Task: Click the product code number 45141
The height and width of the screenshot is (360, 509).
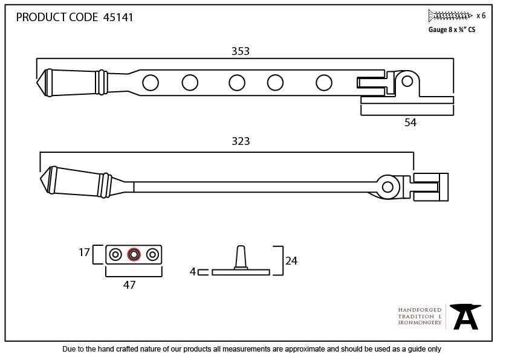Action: click(118, 17)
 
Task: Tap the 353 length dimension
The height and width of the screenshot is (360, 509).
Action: click(241, 51)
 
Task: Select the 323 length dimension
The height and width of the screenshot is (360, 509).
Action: click(241, 141)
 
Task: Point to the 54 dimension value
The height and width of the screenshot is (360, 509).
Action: click(410, 122)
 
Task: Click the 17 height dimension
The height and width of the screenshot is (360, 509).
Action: click(84, 252)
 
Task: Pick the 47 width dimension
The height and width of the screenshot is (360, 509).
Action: click(129, 284)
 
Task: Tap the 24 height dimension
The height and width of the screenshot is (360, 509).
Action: click(291, 261)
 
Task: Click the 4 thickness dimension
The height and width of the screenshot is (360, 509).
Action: click(193, 271)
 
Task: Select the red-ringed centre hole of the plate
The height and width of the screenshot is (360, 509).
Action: click(134, 254)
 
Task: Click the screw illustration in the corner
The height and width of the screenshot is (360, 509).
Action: click(450, 15)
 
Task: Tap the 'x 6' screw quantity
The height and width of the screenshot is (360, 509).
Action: click(481, 16)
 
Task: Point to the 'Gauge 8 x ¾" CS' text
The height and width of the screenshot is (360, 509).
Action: click(452, 30)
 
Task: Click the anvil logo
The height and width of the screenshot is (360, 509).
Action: click(465, 317)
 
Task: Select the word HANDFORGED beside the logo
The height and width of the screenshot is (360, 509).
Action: click(420, 310)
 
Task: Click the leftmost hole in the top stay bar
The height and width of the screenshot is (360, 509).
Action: click(151, 83)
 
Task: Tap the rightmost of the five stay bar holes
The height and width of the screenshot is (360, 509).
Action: click(324, 83)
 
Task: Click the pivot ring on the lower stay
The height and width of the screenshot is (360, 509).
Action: click(387, 187)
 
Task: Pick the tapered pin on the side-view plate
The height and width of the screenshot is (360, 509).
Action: click(241, 257)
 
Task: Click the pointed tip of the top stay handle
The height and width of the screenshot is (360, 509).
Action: click(37, 82)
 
